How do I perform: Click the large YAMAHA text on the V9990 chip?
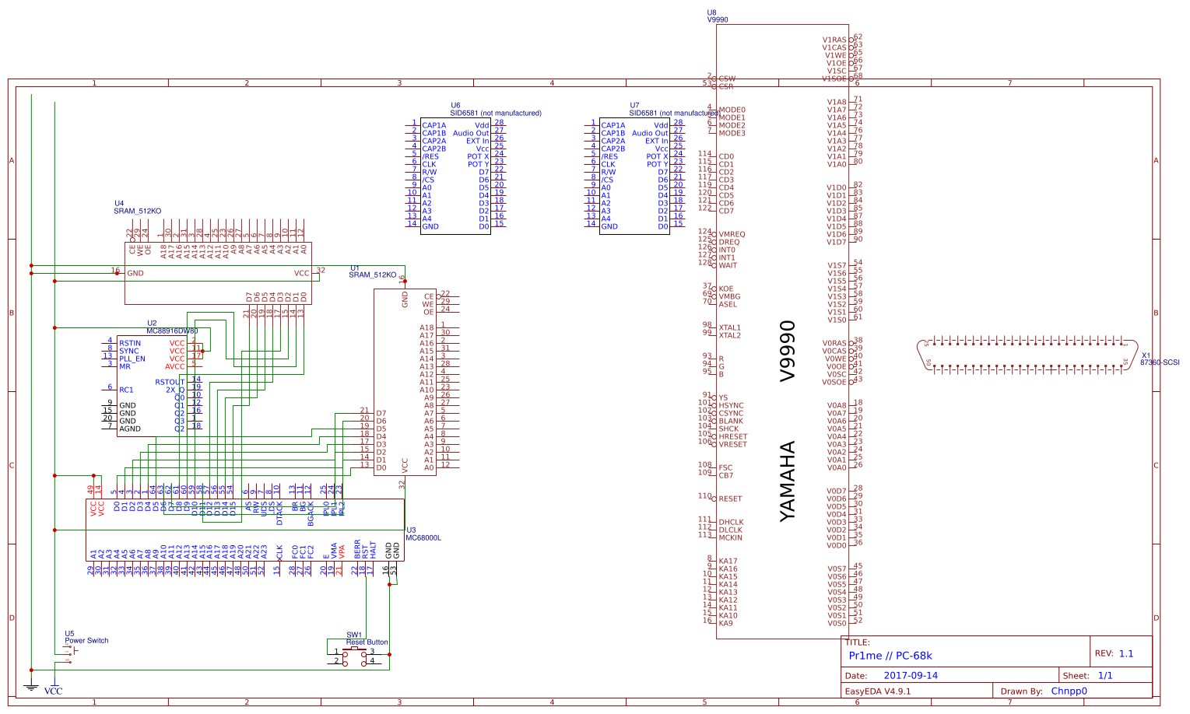click(x=788, y=481)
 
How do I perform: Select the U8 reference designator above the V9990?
click(x=711, y=12)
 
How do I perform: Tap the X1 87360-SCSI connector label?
click(x=1160, y=362)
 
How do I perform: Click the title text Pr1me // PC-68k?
click(x=890, y=656)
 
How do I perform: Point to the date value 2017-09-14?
click(x=911, y=676)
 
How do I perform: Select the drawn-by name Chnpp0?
click(x=1069, y=691)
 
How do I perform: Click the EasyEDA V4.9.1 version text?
click(x=878, y=691)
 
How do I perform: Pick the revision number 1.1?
click(x=1126, y=654)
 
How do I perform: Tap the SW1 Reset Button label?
click(x=367, y=642)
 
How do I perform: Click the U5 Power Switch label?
click(x=86, y=641)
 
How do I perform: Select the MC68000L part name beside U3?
click(x=423, y=537)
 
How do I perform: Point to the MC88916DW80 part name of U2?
click(x=172, y=331)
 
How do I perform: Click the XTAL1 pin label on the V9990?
click(x=730, y=327)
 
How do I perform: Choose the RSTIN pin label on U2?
click(x=130, y=343)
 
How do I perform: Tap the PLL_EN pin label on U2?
click(x=132, y=359)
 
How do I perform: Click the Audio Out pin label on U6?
click(x=471, y=133)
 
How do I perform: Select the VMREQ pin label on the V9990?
click(x=732, y=234)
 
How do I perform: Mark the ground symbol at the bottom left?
click(x=31, y=686)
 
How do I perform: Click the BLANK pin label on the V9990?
click(x=731, y=421)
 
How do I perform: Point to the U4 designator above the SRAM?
click(x=119, y=203)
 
